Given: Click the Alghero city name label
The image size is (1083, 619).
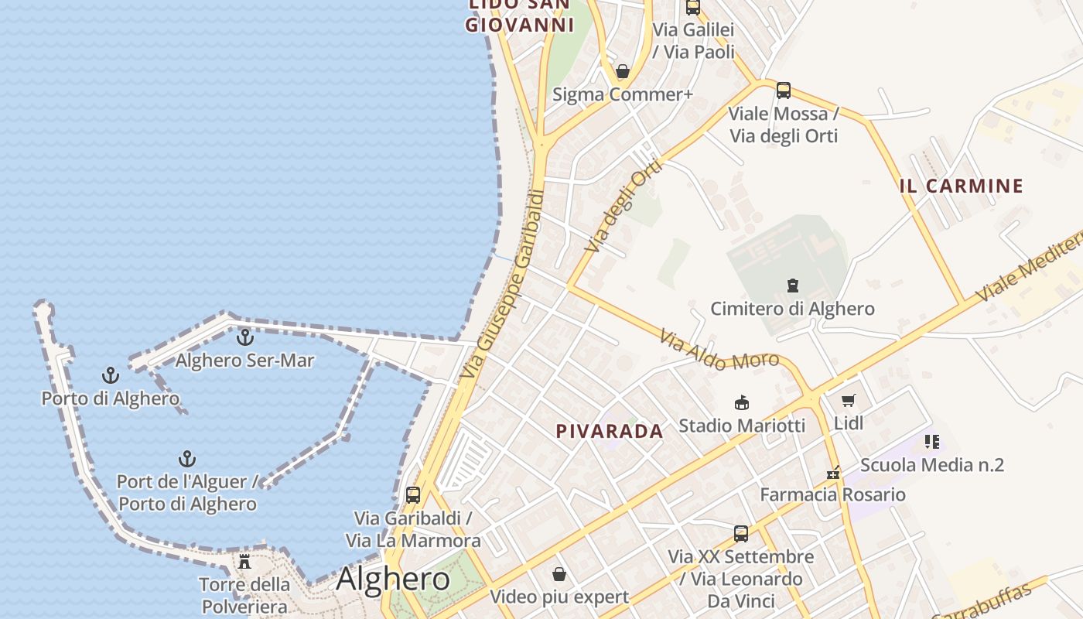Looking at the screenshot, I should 393,579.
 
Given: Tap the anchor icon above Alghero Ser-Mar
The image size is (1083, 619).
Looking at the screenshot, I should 245,337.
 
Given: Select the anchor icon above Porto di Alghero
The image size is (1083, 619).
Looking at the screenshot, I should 111,376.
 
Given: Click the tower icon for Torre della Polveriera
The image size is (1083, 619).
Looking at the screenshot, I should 244,561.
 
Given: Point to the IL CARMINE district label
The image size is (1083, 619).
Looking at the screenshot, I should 962,186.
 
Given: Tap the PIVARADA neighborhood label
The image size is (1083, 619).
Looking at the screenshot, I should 610,431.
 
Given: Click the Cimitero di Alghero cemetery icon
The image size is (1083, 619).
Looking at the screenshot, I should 793,286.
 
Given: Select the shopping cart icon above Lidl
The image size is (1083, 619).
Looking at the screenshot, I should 849,401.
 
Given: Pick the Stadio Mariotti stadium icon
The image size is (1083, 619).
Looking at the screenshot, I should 742,402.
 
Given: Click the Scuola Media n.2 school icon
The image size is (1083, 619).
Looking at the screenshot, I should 932,442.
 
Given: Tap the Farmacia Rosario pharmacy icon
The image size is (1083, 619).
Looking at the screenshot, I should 833,473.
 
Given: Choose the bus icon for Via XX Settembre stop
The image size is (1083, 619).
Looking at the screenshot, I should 741,533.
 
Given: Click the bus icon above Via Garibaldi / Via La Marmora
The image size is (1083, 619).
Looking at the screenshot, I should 413,494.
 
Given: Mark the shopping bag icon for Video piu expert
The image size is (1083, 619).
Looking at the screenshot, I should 559,574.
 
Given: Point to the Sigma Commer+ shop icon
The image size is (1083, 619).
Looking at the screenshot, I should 623,72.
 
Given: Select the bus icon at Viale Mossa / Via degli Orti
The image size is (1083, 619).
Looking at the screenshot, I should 784,91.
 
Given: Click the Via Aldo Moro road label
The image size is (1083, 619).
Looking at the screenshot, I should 709,350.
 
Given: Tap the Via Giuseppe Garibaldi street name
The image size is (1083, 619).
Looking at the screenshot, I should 503,284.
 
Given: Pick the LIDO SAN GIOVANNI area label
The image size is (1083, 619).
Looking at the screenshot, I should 520,15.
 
